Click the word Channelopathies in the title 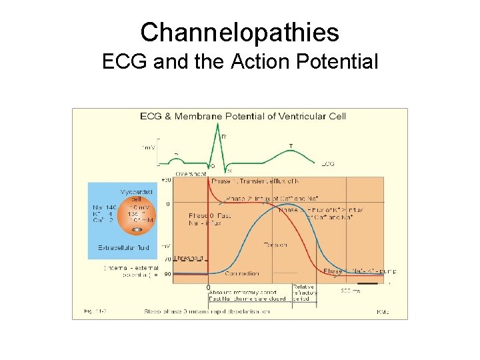point(240,32)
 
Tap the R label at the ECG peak point(223,137)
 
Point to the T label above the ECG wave point(290,145)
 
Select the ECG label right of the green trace point(328,163)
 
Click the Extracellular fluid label point(123,247)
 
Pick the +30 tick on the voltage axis point(167,180)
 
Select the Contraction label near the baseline point(242,273)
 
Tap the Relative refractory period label point(305,291)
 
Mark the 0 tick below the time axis point(208,288)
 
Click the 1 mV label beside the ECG point(148,147)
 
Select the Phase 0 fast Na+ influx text point(205,219)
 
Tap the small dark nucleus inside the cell point(137,229)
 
